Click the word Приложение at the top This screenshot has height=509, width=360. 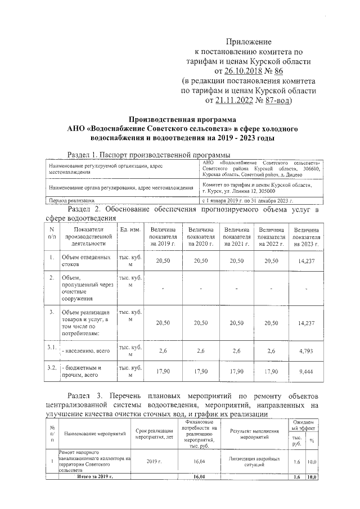[248, 42]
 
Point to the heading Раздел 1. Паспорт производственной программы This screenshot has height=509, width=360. [148, 155]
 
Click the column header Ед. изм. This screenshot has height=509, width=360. [130, 231]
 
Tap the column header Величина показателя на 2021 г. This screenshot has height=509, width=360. [237, 237]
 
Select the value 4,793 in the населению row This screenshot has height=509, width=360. [307, 351]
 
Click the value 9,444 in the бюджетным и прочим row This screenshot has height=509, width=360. [307, 372]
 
